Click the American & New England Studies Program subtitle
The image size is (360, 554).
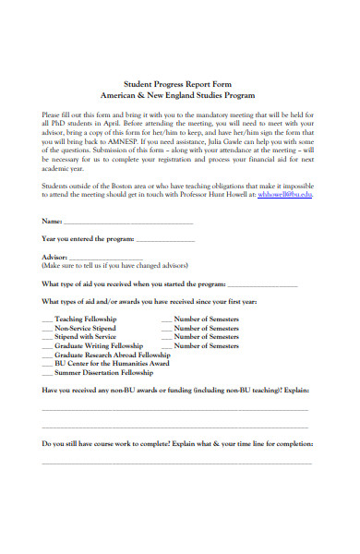[179, 96]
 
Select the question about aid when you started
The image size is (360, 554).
[133, 284]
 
